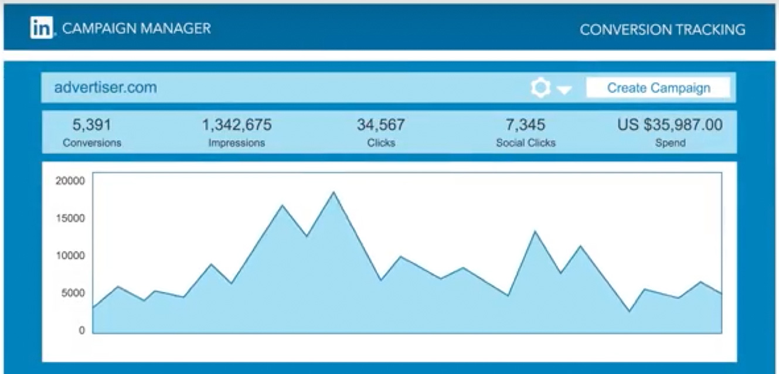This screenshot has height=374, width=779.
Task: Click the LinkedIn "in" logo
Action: point(42,28)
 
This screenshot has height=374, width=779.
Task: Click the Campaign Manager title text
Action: point(136,28)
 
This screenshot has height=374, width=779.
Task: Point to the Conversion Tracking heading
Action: point(662,29)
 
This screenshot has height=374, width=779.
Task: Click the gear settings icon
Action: point(540,88)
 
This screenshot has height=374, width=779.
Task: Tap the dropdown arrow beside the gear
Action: point(564,90)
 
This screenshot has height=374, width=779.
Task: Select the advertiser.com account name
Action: point(106,88)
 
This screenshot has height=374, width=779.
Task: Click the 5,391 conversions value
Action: point(91,125)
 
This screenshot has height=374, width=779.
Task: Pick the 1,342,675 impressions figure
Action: point(237,125)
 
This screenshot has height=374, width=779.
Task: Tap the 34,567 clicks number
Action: point(380,125)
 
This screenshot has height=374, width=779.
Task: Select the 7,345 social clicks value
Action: point(526,125)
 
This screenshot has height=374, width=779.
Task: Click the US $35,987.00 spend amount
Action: point(669,125)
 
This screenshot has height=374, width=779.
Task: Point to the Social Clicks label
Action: point(526,142)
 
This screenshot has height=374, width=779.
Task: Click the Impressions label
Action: point(237,142)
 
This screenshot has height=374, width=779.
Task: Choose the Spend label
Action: point(669,142)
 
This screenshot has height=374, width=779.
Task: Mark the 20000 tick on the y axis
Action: point(70,181)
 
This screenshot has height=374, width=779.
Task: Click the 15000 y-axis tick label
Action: point(70,219)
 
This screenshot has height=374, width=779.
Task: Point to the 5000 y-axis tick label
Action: point(73,293)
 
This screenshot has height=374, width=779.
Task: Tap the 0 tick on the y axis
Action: point(81,331)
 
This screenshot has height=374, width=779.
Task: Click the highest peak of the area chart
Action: point(334,192)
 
